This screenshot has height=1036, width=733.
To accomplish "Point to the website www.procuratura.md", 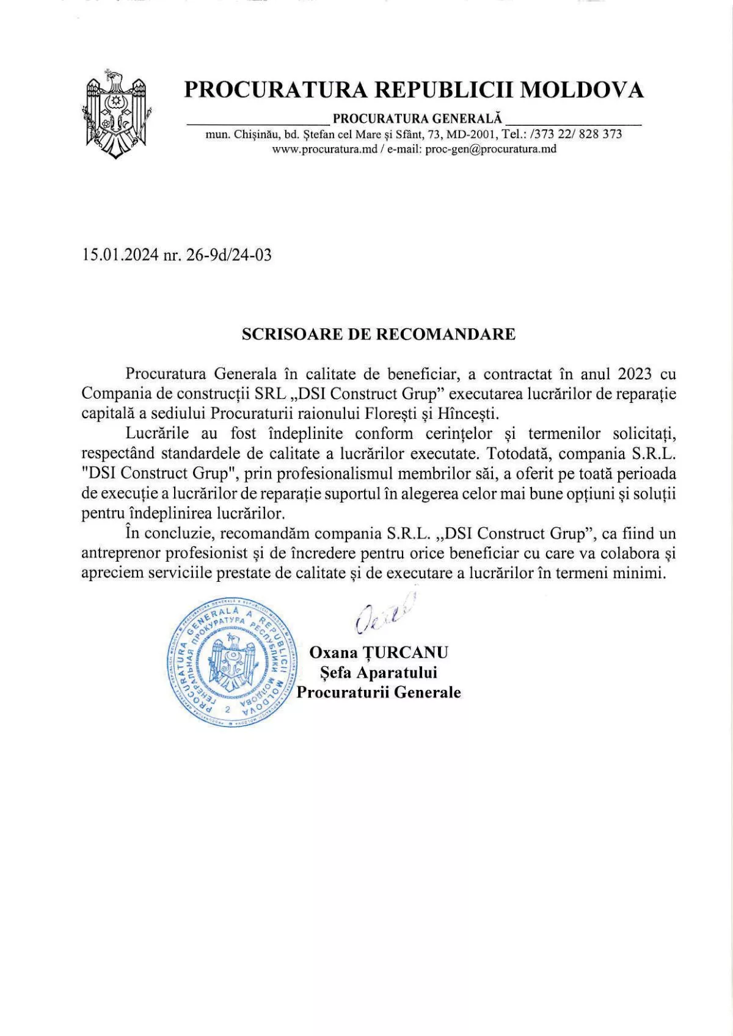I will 325,149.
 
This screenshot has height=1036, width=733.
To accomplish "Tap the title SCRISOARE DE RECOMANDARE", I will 379,334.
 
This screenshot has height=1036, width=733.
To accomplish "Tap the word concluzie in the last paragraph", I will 178,534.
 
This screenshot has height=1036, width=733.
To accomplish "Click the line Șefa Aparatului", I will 379,673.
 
